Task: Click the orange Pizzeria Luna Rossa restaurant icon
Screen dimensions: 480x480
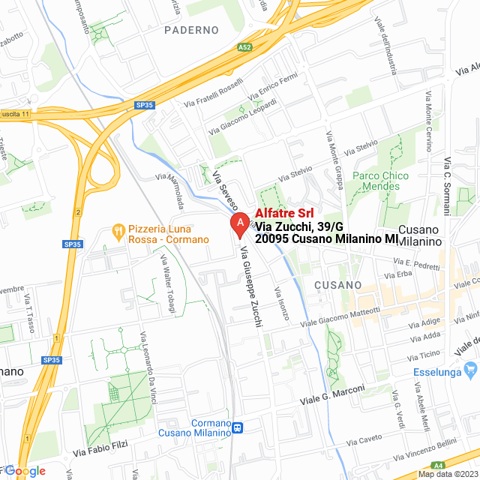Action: point(118,231)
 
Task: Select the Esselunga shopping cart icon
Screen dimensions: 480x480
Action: point(471,370)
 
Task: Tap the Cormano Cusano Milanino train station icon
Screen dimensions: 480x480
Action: point(238,428)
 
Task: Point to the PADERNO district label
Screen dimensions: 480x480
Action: point(191,30)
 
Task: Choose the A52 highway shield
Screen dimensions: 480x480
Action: point(244,46)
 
